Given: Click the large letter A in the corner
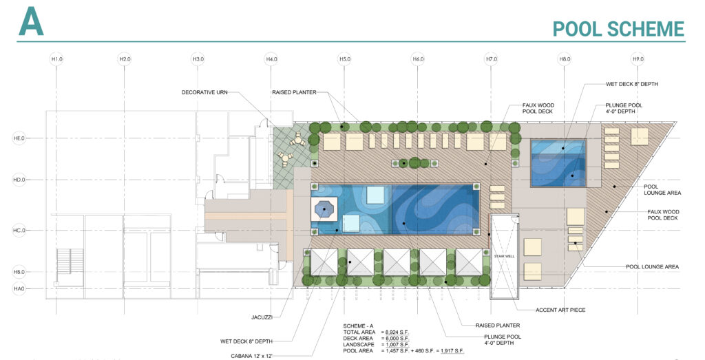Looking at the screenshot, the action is point(31,21).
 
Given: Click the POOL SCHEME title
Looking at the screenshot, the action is point(618,29).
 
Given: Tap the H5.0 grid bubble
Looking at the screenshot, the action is point(344,59).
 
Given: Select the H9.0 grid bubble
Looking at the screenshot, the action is point(638,59).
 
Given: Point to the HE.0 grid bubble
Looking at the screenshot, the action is point(19,138).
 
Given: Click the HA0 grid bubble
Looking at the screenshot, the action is point(19,288).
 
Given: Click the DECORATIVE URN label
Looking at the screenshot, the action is point(204,93).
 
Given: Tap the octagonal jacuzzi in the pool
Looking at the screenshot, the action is point(324,209).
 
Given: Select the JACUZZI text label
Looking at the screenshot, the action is point(262,317).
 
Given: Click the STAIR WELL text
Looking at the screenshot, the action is point(504,256).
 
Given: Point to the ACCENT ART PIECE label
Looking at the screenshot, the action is point(560,310).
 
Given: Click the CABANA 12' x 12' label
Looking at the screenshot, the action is point(252,356).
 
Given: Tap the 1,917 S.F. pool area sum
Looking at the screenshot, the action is point(451,351).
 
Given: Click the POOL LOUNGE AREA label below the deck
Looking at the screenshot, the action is point(653,267).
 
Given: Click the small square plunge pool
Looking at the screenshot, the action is point(558,163).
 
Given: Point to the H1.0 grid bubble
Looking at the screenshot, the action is point(56,59).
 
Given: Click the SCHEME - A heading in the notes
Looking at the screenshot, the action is point(358,326).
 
